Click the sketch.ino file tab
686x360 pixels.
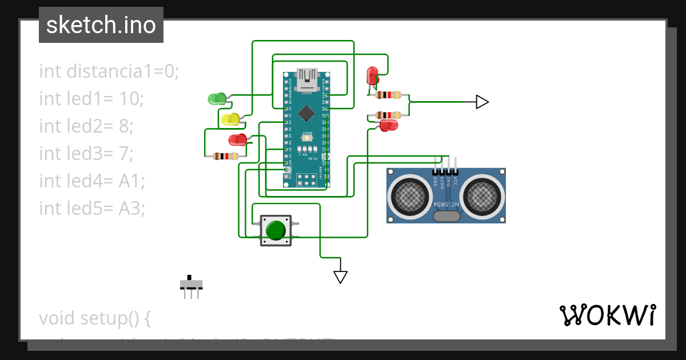(x=101, y=25)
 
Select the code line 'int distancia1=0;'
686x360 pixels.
(x=109, y=71)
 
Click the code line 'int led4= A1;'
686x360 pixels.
(x=92, y=181)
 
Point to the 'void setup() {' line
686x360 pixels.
(x=94, y=318)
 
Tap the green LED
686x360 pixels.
(x=217, y=99)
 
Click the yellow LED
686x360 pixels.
(x=230, y=119)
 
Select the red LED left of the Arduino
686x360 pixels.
(x=237, y=139)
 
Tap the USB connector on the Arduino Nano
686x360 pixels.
(x=306, y=79)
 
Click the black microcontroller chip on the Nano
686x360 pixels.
(x=306, y=113)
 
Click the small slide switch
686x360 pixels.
(x=191, y=285)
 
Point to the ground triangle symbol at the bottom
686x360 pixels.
(x=341, y=277)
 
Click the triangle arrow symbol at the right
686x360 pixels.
(x=482, y=102)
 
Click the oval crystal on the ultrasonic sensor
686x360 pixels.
(x=446, y=216)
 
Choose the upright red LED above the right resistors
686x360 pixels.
(x=372, y=75)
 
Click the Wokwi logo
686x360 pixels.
(x=607, y=315)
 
